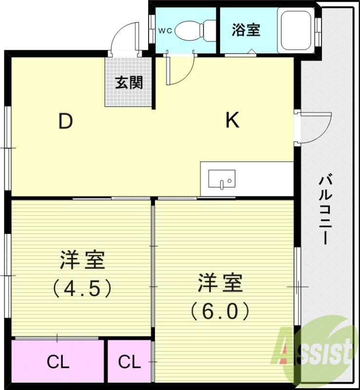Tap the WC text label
pyautogui.click(x=164, y=30)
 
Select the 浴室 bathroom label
pyautogui.click(x=246, y=30)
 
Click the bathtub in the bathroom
pyautogui.click(x=296, y=30)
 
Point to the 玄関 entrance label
pyautogui.click(x=129, y=83)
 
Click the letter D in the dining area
pyautogui.click(x=66, y=121)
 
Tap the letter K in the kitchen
pyautogui.click(x=232, y=120)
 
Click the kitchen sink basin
pyautogui.click(x=222, y=179)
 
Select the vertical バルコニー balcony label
pyautogui.click(x=325, y=210)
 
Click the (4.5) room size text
pyautogui.click(x=83, y=289)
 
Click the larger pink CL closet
pyautogui.click(x=58, y=362)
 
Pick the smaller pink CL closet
pyautogui.click(x=130, y=362)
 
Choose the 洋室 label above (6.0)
pyautogui.click(x=220, y=283)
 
